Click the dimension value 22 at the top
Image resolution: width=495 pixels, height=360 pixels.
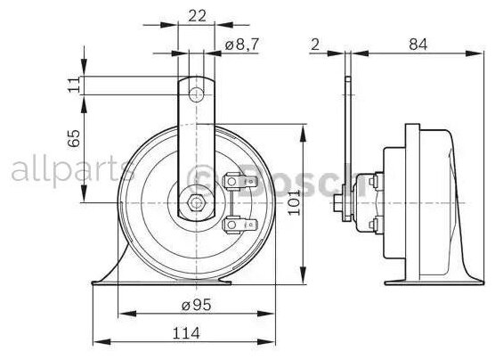[199, 16]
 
